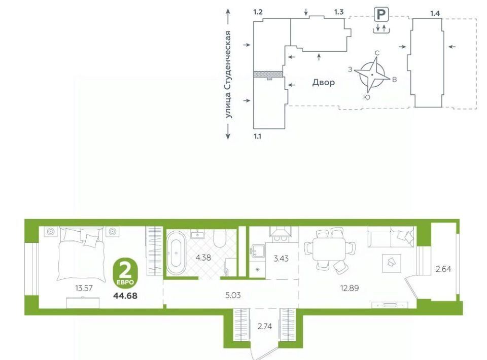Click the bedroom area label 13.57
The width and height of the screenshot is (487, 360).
point(84,288)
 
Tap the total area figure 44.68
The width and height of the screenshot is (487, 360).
point(125,296)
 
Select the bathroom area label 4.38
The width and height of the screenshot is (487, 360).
point(203,257)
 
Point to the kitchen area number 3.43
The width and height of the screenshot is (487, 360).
point(281,258)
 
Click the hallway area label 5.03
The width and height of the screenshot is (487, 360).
point(233,295)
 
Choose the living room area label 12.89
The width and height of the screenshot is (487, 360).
point(350,288)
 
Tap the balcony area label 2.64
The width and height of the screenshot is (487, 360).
point(443,269)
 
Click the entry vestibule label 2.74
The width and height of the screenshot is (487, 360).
point(265,326)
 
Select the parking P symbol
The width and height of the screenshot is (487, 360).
point(381,15)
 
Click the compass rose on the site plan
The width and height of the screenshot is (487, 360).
point(372,75)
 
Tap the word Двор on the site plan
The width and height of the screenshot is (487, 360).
point(324,82)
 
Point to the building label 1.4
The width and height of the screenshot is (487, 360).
point(435,13)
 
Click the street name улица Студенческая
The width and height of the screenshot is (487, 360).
point(229,74)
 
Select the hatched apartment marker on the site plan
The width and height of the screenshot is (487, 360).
point(268,75)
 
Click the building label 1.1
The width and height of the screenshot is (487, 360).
point(258,136)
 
